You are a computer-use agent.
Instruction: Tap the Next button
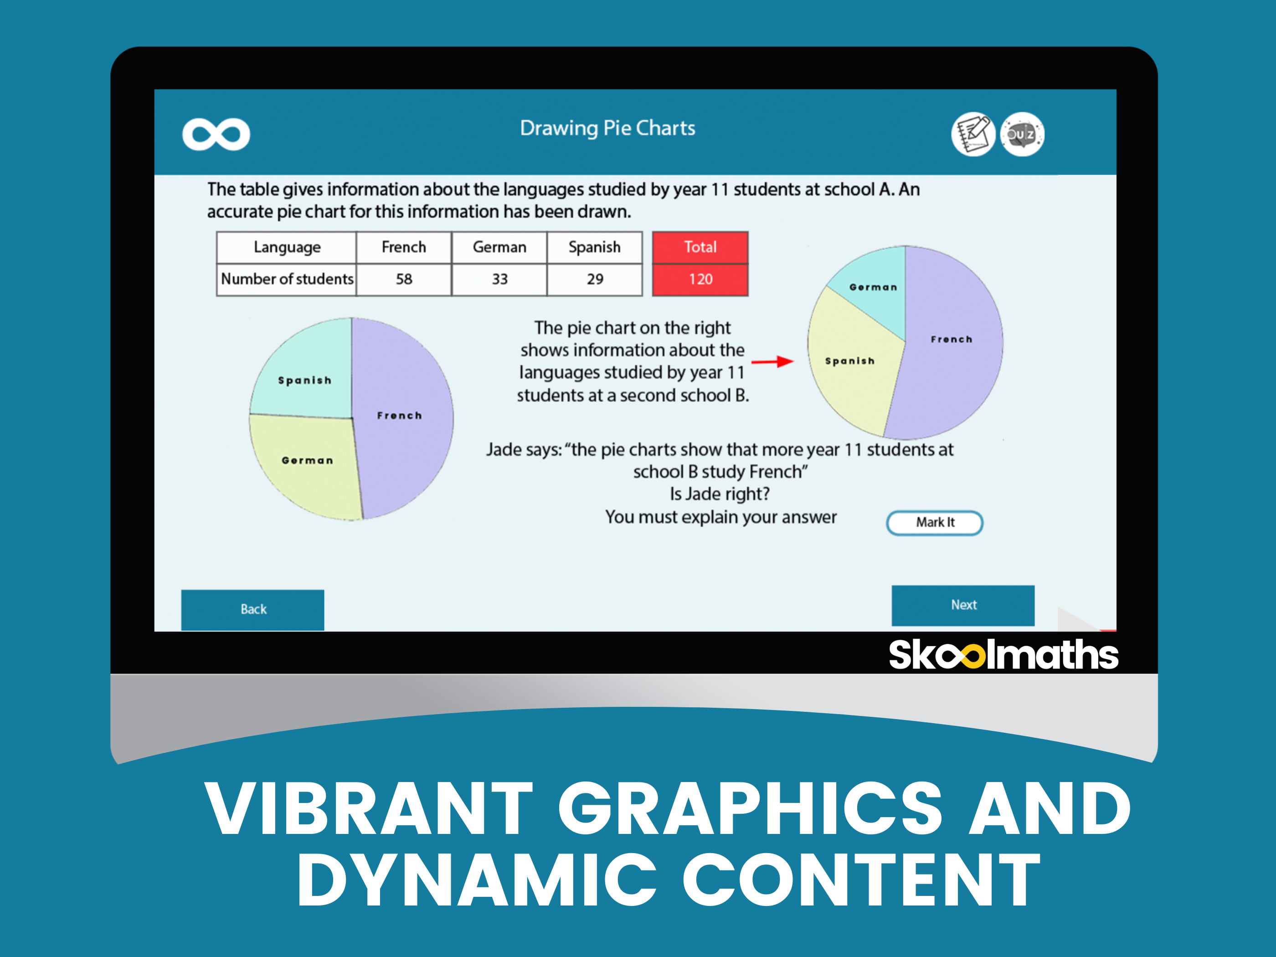click(x=963, y=605)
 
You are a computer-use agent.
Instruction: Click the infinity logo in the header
click(x=216, y=134)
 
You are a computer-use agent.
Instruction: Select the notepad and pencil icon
click(x=972, y=134)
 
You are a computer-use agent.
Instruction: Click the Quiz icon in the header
click(x=1022, y=134)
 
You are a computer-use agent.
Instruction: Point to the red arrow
click(x=772, y=362)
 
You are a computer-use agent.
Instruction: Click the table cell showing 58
click(x=404, y=279)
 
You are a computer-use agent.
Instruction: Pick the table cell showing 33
click(x=499, y=279)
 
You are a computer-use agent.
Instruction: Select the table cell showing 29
click(x=595, y=279)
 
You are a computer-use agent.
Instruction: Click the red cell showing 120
click(x=700, y=280)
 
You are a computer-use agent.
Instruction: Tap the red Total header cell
click(x=700, y=247)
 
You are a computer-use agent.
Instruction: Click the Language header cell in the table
click(x=287, y=247)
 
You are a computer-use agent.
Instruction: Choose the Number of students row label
click(x=287, y=279)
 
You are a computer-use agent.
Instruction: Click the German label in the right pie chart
click(x=873, y=287)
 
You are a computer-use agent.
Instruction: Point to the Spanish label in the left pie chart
click(x=304, y=380)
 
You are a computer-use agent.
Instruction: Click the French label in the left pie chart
click(x=399, y=415)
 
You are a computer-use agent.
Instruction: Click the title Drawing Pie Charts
click(x=607, y=128)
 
